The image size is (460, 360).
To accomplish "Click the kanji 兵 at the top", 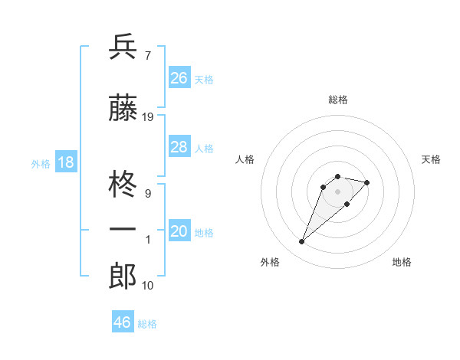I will pyautogui.click(x=123, y=47).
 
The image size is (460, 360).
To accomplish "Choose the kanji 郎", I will pyautogui.click(x=123, y=277).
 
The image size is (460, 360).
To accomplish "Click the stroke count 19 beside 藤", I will pyautogui.click(x=148, y=117).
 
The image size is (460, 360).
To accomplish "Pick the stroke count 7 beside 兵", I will pyautogui.click(x=147, y=55).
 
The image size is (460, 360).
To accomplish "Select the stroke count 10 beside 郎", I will pyautogui.click(x=148, y=286).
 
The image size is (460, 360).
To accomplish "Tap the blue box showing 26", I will pyautogui.click(x=179, y=78).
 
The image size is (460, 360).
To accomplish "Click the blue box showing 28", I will pyautogui.click(x=179, y=147).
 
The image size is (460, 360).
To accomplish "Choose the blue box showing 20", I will pyautogui.click(x=179, y=231).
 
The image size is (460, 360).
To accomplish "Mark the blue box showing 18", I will pyautogui.click(x=65, y=162).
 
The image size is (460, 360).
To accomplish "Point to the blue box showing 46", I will pyautogui.click(x=123, y=322).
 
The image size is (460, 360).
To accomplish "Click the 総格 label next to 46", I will pyautogui.click(x=147, y=324).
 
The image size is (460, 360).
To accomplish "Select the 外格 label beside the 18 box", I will pyautogui.click(x=41, y=164).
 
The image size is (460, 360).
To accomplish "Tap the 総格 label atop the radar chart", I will pyautogui.click(x=337, y=100).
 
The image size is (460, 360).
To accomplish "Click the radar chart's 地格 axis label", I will pyautogui.click(x=402, y=262).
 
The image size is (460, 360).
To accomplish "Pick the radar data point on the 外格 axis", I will pyautogui.click(x=301, y=242).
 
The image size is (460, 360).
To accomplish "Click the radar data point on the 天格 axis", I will pyautogui.click(x=367, y=182).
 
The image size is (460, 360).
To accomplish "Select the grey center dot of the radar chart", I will pyautogui.click(x=337, y=191).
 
